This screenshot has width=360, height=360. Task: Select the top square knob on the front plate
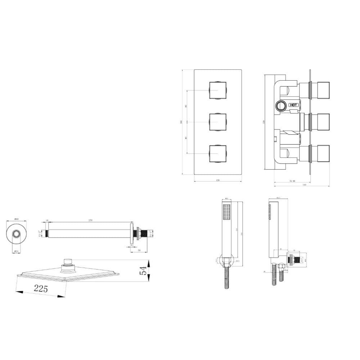(x=218, y=90)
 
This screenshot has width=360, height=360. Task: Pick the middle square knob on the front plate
(x=218, y=122)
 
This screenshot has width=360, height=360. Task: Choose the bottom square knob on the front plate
(x=218, y=154)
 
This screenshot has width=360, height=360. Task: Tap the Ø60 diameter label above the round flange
(x=16, y=219)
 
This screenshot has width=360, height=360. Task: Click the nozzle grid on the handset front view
(x=227, y=212)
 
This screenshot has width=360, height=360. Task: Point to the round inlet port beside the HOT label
(x=280, y=105)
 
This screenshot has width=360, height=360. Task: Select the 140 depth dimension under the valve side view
(x=304, y=185)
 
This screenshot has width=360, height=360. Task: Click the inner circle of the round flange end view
(x=16, y=234)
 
